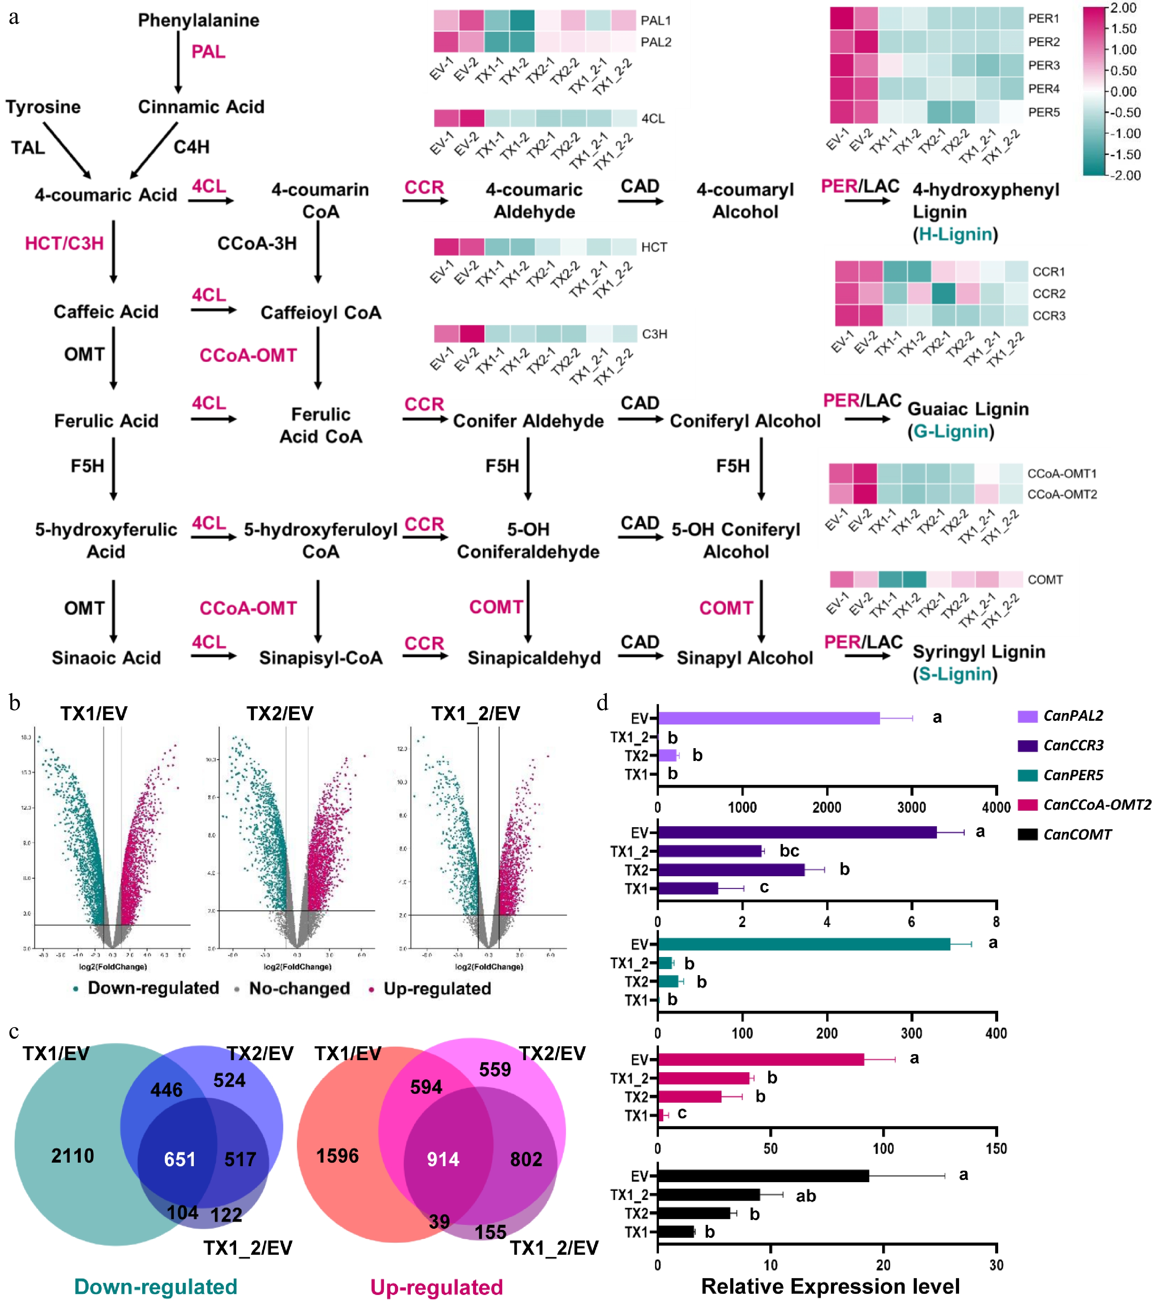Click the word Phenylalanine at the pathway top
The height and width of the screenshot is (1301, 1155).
pyautogui.click(x=198, y=20)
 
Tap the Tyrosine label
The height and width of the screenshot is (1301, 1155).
pyautogui.click(x=43, y=107)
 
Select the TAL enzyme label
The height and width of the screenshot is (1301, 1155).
pyautogui.click(x=28, y=148)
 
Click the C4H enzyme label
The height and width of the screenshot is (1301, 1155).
pyautogui.click(x=192, y=147)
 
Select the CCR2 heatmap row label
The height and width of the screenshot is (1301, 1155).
pyautogui.click(x=1049, y=293)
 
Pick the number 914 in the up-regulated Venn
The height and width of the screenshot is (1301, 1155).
pyautogui.click(x=443, y=1159)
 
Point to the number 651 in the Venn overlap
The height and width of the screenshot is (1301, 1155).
pyautogui.click(x=180, y=1159)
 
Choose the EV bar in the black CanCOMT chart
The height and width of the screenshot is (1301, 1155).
pyautogui.click(x=763, y=1176)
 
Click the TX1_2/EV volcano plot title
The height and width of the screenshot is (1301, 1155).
pyautogui.click(x=475, y=714)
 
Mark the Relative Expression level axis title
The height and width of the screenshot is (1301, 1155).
pyautogui.click(x=830, y=1286)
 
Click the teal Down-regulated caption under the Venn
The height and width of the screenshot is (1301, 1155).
pyautogui.click(x=156, y=1286)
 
